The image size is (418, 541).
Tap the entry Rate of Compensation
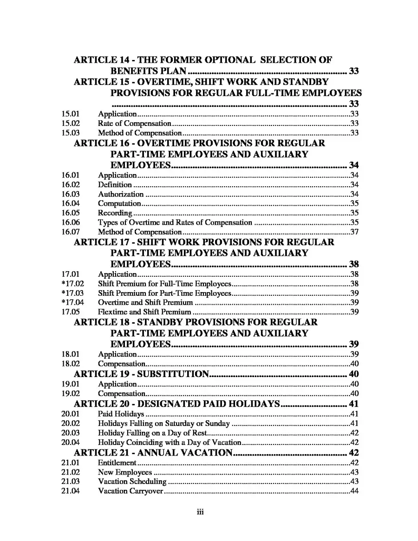[134, 124]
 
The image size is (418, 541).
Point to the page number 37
[354, 232]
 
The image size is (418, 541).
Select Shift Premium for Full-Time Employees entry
[164, 284]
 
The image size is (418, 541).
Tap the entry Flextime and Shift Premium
[144, 312]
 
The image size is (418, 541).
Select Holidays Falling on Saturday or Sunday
[163, 423]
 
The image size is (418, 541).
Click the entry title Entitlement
[117, 463]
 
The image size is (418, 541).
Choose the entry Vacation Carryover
[130, 491]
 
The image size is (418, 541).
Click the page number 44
[354, 491]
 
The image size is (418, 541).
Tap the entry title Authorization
[120, 194]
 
